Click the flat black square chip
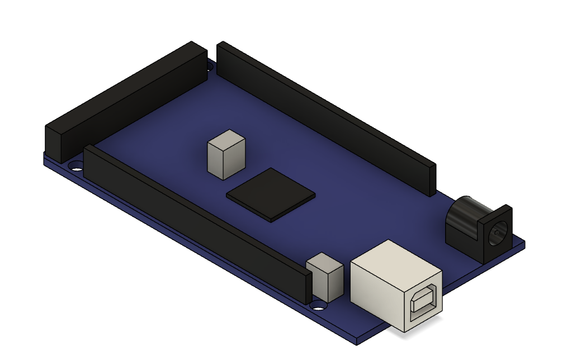click(271, 195)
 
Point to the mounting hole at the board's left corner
click(74, 166)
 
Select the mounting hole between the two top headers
click(210, 67)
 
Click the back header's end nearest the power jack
click(431, 179)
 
